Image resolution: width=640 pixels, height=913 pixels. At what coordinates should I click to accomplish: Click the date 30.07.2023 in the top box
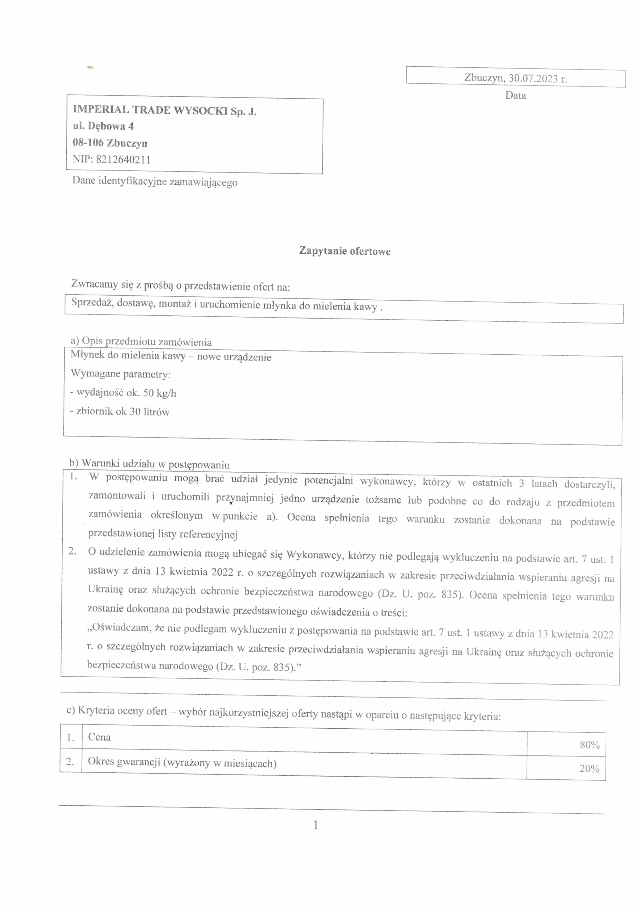point(533,78)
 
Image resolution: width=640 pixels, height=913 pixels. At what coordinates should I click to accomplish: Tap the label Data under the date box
point(515,95)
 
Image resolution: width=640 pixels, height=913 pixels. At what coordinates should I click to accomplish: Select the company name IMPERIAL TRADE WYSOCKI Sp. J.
point(164,111)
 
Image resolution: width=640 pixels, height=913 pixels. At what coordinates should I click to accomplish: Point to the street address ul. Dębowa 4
point(103,126)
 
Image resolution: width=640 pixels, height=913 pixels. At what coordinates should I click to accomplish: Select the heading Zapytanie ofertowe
point(345,251)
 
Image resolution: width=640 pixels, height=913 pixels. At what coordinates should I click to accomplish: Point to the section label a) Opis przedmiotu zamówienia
point(141,342)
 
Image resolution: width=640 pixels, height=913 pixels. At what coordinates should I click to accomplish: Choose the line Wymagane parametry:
point(120,374)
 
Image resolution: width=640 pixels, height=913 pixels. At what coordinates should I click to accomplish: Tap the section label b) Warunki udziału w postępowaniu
point(150,464)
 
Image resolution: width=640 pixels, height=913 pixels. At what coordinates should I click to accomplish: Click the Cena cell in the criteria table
point(99,737)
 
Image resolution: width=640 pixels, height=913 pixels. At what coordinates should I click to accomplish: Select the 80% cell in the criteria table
point(589,745)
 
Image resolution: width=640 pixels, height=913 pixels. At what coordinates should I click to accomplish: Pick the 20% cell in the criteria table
point(589,769)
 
